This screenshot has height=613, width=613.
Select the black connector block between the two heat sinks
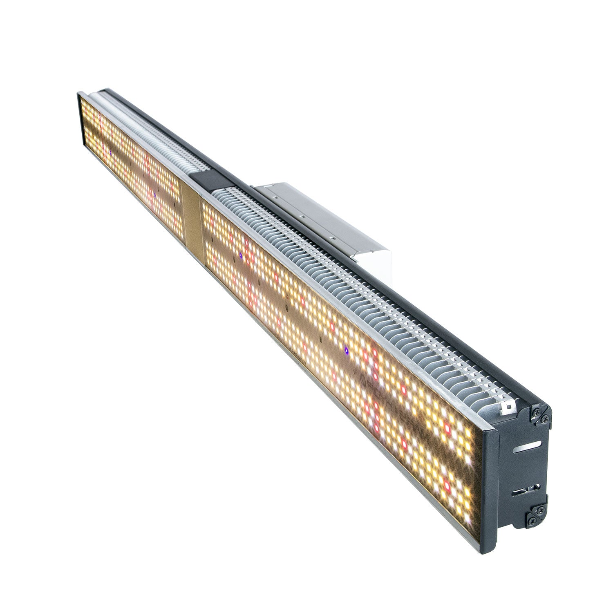[x=207, y=180]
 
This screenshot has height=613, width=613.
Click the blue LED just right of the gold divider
[x=241, y=255]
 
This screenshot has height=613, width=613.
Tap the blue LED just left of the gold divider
[x=155, y=195]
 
